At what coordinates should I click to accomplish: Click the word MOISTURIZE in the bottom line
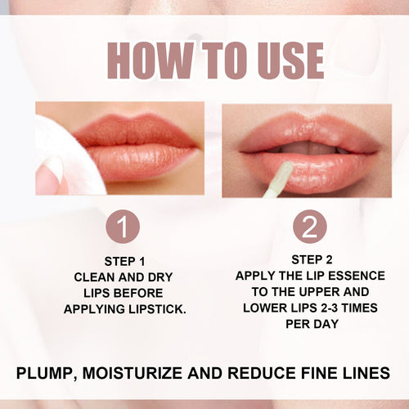point(143,374)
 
